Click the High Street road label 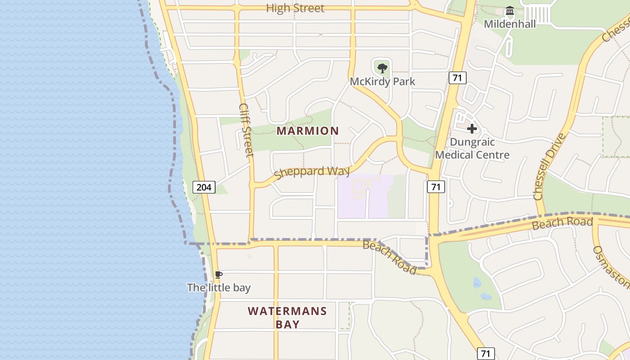(x=295, y=8)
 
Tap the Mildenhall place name (x=510, y=24)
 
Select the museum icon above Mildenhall (x=510, y=10)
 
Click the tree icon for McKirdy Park (x=382, y=68)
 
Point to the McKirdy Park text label (x=382, y=81)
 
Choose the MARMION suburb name (x=307, y=131)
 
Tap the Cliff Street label (x=247, y=130)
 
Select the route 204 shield (x=204, y=187)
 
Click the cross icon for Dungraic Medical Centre (x=472, y=129)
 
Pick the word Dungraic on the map (x=472, y=142)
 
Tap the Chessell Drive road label (x=549, y=166)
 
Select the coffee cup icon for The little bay (x=219, y=274)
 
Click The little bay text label (x=219, y=288)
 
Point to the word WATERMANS (x=287, y=311)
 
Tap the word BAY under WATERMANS (x=287, y=324)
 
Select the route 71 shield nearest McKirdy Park (x=457, y=78)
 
